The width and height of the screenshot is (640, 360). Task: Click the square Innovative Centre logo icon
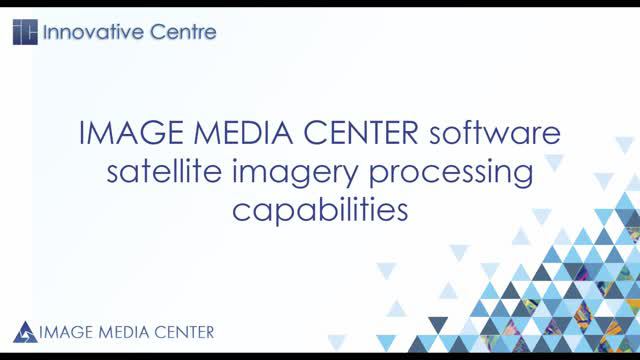tap(25, 32)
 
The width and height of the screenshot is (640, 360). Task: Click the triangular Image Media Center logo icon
tap(26, 331)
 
